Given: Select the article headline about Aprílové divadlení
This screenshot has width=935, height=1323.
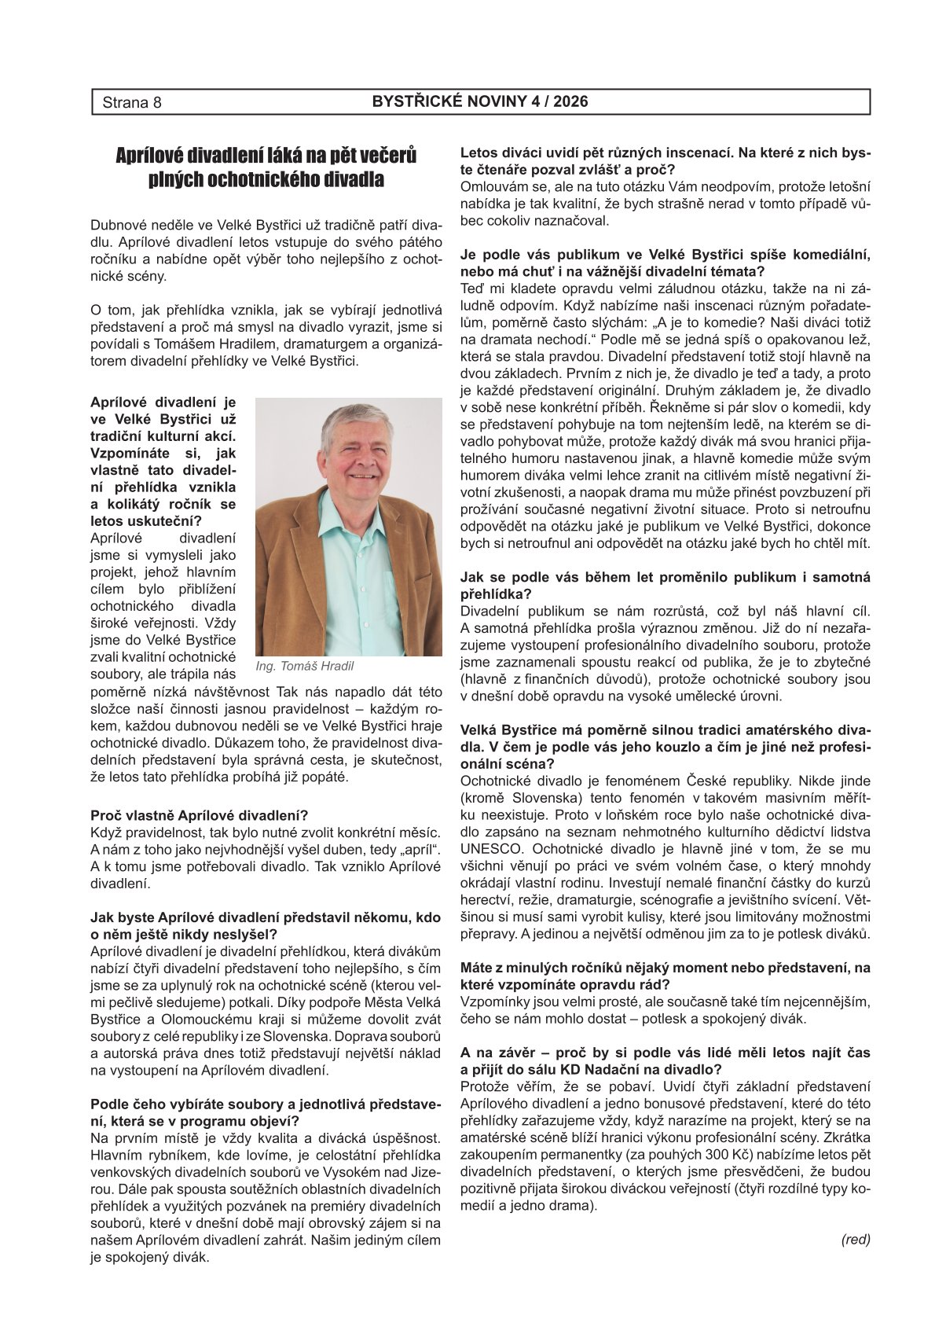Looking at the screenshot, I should point(266,167).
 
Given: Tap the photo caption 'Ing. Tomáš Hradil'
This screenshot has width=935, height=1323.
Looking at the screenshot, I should point(305,667).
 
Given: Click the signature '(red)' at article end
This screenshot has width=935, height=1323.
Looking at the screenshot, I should point(856,1240).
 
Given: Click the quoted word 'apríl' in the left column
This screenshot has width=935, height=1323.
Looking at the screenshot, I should point(416,849).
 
